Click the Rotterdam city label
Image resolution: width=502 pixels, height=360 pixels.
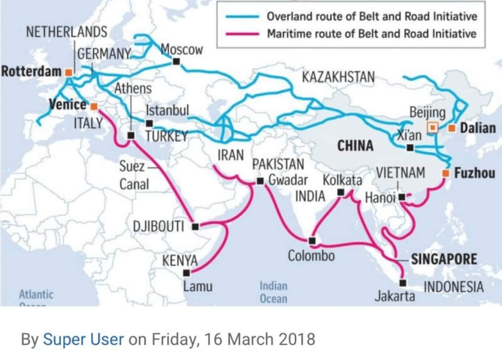[x=31, y=72]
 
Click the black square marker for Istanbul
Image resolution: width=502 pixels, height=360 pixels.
[x=149, y=123]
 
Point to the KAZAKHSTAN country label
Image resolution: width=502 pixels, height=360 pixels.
[x=338, y=77]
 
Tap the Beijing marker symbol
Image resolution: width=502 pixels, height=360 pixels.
[x=432, y=128]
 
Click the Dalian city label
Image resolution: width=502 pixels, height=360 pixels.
[x=477, y=128]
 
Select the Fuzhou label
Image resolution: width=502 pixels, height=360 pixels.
[x=474, y=174]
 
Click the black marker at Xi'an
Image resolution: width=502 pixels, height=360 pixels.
[x=409, y=148]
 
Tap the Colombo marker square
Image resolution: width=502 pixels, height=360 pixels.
[x=312, y=240]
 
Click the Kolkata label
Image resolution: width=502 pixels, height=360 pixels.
[x=342, y=180]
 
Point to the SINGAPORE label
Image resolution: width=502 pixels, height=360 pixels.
[x=444, y=259]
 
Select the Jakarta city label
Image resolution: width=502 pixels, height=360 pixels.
[x=394, y=295]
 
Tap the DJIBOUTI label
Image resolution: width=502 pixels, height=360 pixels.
[x=158, y=227]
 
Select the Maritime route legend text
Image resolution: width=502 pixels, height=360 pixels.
[x=371, y=33]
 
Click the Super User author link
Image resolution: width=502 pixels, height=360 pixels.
[x=84, y=338]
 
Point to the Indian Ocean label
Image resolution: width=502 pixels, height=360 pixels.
[x=273, y=293]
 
